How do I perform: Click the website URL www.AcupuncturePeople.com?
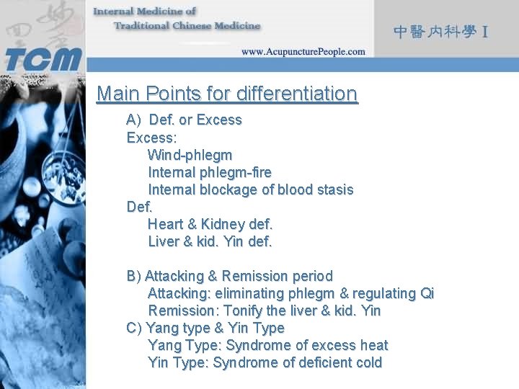(303, 52)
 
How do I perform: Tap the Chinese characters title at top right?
(442, 32)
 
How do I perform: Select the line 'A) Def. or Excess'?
(184, 120)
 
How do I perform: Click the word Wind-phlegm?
(190, 155)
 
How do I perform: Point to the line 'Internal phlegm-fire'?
(209, 172)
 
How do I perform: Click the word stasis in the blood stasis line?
(334, 189)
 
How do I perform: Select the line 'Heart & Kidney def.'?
(210, 224)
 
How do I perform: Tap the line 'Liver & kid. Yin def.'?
(210, 241)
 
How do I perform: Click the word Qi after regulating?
(427, 293)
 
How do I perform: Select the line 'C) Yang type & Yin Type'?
(205, 328)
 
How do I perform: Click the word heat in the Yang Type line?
(373, 345)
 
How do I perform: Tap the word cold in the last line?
(368, 362)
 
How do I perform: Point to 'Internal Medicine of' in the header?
(145, 12)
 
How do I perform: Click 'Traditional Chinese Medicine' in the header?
(187, 26)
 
